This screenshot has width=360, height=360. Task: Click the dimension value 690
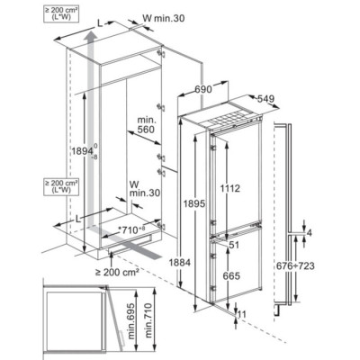[203, 89]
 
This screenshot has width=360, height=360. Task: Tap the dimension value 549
[265, 99]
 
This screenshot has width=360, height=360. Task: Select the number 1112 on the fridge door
[230, 189]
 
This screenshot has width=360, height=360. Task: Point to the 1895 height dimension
[194, 203]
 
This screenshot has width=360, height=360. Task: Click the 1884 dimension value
[179, 263]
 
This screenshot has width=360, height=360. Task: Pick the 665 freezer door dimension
[231, 275]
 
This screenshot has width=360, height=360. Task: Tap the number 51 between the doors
[234, 245]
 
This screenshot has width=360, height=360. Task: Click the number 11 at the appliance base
[241, 314]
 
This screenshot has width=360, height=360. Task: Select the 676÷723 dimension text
[295, 265]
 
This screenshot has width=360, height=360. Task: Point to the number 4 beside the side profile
[310, 233]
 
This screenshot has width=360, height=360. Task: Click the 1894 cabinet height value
[84, 151]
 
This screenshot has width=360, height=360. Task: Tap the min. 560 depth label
[147, 124]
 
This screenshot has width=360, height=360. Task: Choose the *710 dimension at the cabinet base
[131, 230]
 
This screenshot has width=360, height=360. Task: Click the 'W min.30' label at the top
[164, 18]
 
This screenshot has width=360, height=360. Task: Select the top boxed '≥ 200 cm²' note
[61, 14]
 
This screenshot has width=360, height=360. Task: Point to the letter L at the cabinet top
[100, 24]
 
